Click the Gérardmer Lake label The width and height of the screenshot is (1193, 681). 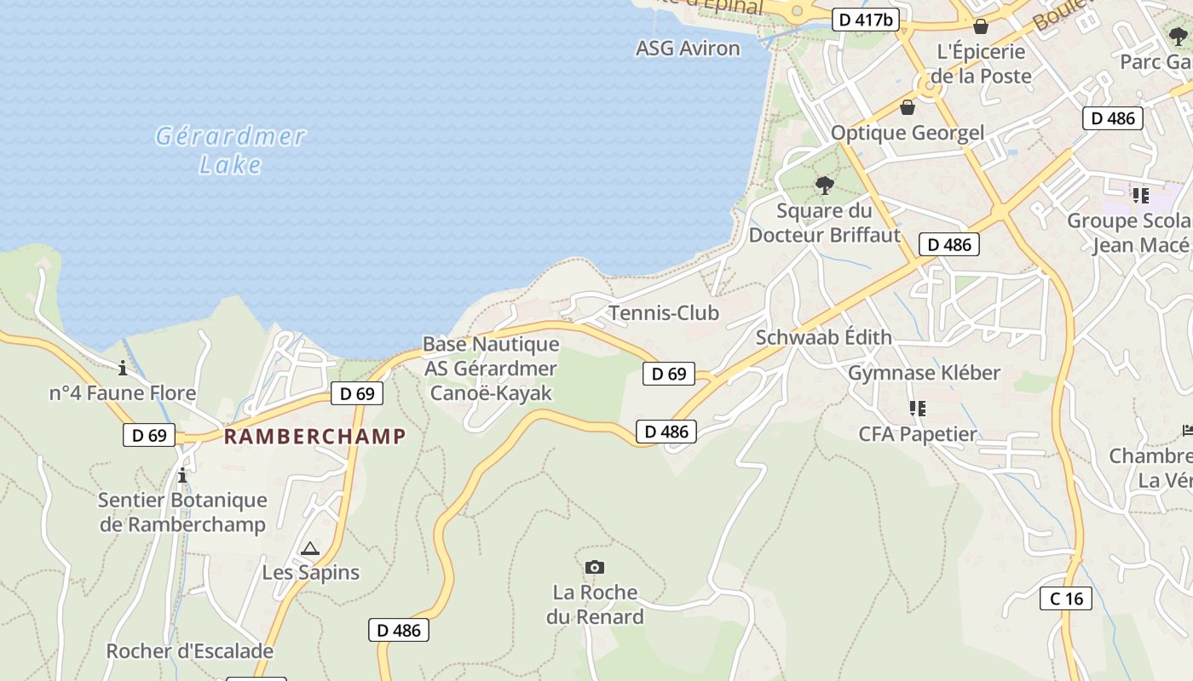[230, 150]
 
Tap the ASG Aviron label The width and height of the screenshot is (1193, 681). [688, 49]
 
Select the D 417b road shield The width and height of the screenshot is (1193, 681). [865, 20]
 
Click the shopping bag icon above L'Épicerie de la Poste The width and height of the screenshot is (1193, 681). [981, 26]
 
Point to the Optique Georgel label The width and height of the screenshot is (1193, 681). [907, 133]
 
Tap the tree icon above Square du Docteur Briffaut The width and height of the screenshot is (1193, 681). [824, 185]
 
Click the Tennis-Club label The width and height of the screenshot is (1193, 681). [664, 313]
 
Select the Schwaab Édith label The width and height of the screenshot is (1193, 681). [823, 337]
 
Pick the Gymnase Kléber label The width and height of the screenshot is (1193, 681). [924, 373]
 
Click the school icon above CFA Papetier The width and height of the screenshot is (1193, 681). [917, 409]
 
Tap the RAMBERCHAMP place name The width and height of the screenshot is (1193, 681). [314, 437]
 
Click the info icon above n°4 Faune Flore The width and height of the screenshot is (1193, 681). [123, 369]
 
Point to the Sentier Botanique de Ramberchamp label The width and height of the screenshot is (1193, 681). [182, 512]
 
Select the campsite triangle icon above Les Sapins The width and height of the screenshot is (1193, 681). [309, 549]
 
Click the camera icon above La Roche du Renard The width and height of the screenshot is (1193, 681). [595, 567]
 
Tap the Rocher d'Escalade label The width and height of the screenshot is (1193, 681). [189, 651]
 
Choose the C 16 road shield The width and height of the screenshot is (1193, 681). [1066, 598]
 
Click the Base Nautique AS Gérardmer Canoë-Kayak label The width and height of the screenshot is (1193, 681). [491, 369]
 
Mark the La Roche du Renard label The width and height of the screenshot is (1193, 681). [595, 604]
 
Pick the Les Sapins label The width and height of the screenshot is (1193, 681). [310, 573]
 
